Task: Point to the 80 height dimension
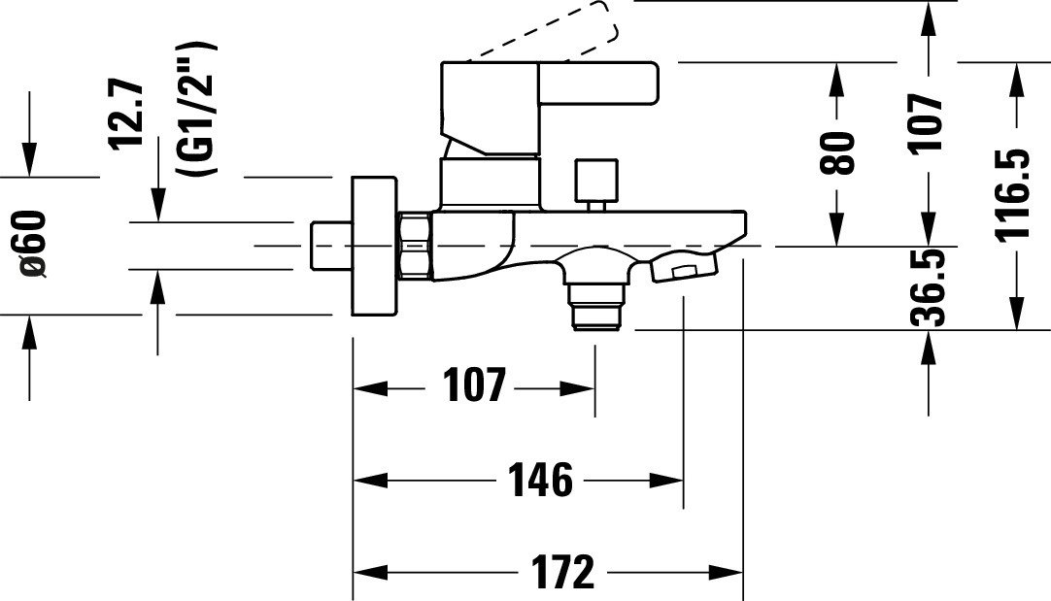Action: pyautogui.click(x=838, y=152)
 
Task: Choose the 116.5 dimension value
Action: pyautogui.click(x=1012, y=193)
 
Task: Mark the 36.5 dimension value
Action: pyautogui.click(x=929, y=287)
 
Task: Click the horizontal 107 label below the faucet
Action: pyautogui.click(x=474, y=385)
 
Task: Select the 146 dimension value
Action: pyautogui.click(x=540, y=480)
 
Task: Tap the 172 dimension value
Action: pyautogui.click(x=563, y=572)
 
